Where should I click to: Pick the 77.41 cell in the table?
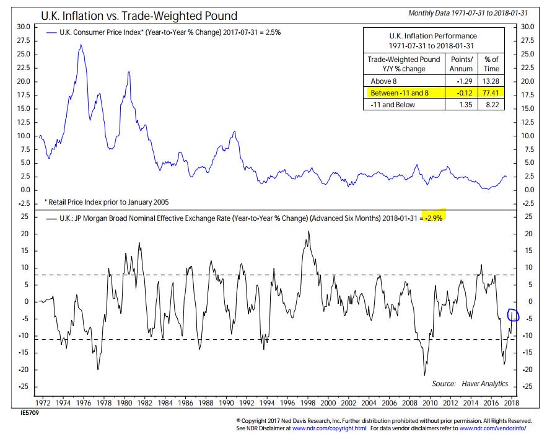tap(491, 93)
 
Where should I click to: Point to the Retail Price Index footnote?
tap(106, 201)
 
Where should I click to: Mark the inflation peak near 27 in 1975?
tap(81, 45)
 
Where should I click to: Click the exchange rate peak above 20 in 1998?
tap(309, 231)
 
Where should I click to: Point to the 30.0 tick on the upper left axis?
tap(23, 27)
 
